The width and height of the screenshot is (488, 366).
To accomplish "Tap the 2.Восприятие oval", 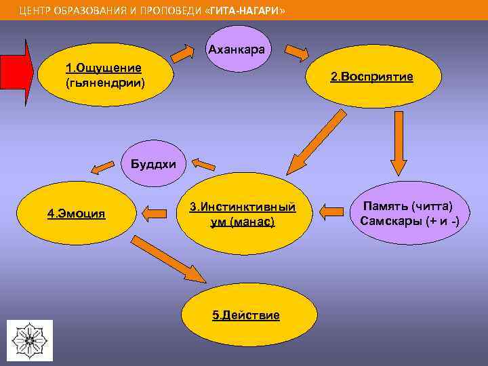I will pos(371,77).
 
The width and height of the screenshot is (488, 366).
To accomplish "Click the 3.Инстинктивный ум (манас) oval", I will pos(241,213).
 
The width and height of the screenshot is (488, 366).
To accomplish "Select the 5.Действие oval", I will pos(245,315).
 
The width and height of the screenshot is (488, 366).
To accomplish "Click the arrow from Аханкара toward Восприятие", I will pos(296,52).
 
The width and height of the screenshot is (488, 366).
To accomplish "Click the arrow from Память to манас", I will pos(331,212).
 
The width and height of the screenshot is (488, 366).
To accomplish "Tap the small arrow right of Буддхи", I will pos(203,163).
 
